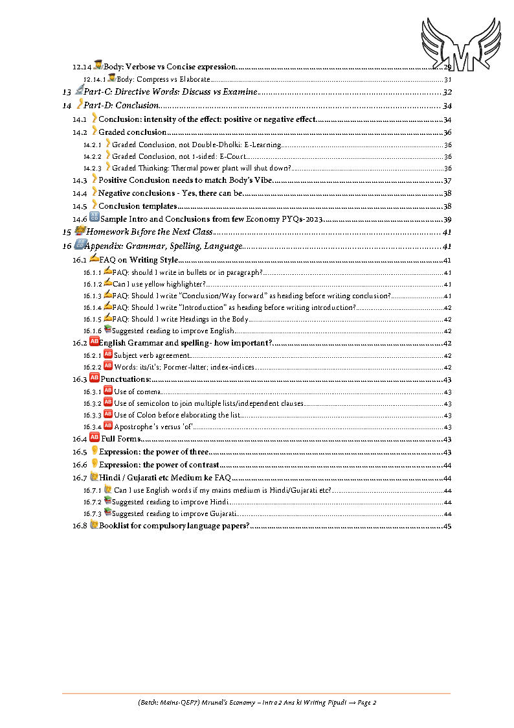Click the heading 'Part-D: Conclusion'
[x=121, y=106]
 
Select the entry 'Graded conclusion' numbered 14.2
[x=133, y=132]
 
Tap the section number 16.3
[x=80, y=379]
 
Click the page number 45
[x=447, y=526]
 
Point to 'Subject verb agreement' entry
[x=152, y=355]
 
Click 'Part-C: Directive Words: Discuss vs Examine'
[x=171, y=92]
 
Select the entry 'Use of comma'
[x=137, y=392]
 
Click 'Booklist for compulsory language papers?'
[x=174, y=526]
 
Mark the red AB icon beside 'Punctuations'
[x=94, y=379]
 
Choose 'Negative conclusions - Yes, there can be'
[x=170, y=193]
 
